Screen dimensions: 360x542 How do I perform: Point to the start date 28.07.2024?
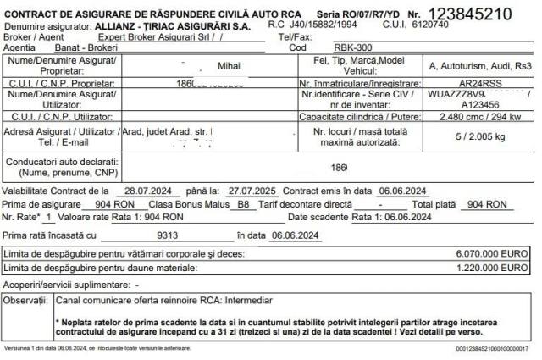[x=141, y=191]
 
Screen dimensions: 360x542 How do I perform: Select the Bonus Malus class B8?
[x=243, y=204]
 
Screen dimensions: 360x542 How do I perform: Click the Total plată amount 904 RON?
[x=486, y=204]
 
